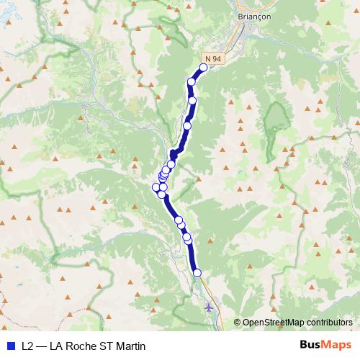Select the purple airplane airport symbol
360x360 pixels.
pos(209,307)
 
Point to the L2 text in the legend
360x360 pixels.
pos(28,346)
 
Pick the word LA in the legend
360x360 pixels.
pos(60,346)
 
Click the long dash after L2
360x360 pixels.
pos(43,346)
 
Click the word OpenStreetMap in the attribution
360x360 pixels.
pos(271,323)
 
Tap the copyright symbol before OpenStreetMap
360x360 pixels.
pos(237,323)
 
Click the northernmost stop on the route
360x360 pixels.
pos(203,68)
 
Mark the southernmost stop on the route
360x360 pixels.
pos(197,272)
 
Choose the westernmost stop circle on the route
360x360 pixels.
pos(156,188)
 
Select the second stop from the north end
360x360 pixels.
pos(192,82)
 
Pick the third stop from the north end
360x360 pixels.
pos(192,100)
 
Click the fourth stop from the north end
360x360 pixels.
pos(187,126)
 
